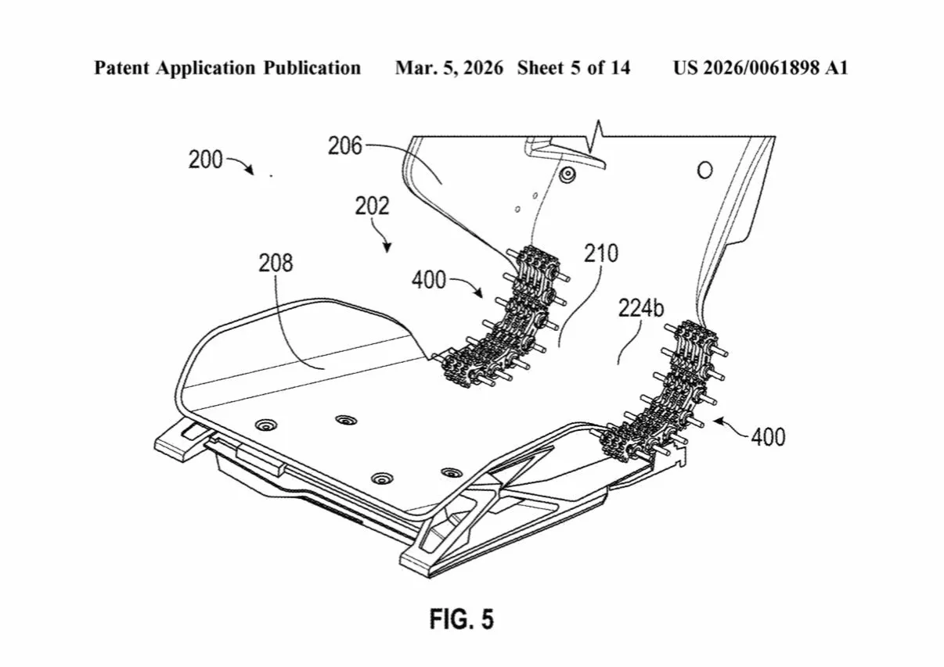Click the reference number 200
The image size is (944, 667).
205,160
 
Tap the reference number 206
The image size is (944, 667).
345,145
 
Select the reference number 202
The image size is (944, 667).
371,206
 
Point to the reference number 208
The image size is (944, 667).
276,263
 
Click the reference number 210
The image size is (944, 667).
601,253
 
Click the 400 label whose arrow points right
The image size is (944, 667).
429,279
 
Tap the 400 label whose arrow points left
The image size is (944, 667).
767,436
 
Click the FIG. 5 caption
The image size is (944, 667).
462,619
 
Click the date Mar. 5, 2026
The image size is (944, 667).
449,68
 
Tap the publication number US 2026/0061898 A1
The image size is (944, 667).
760,68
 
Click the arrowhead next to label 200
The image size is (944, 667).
250,171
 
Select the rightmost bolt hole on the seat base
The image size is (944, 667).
451,472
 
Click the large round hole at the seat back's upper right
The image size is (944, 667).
704,169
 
